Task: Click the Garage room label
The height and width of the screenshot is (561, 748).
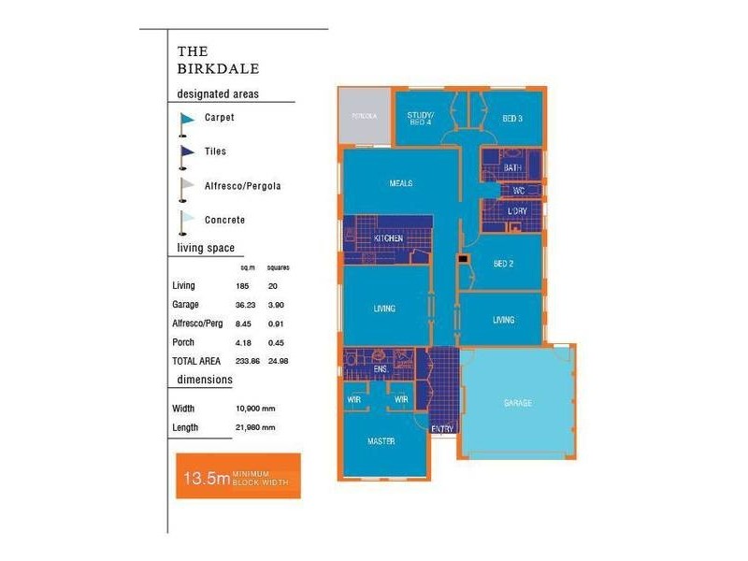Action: (517, 403)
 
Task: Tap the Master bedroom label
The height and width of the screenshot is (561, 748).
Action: (380, 441)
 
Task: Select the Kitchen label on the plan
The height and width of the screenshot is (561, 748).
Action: (388, 239)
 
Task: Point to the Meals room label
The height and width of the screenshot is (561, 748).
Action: (400, 183)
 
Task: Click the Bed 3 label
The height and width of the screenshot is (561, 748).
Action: (512, 119)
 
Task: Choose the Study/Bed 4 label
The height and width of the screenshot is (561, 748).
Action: (419, 119)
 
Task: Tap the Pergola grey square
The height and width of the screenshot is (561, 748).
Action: (364, 117)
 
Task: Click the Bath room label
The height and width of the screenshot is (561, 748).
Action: (511, 168)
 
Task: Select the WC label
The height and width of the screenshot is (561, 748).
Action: (519, 191)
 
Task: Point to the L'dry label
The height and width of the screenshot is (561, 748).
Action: (517, 211)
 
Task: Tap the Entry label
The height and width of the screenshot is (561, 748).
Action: (442, 429)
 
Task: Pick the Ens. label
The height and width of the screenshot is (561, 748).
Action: (381, 369)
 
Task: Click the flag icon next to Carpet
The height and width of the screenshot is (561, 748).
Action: (186, 119)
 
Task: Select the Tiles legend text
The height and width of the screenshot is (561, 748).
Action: (215, 151)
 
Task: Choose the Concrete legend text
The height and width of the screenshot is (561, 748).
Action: (224, 221)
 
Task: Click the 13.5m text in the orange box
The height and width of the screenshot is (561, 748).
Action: (207, 480)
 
